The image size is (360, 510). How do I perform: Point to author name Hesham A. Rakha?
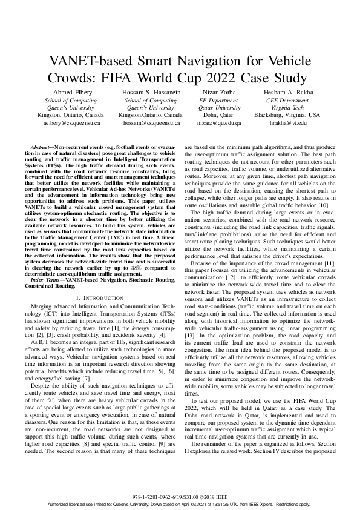[x=287, y=92]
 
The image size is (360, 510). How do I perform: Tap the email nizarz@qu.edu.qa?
[x=219, y=122]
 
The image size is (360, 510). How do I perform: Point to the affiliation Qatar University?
[x=219, y=107]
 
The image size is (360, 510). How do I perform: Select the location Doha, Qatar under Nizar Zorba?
[x=219, y=114]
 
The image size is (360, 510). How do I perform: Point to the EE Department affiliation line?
[x=219, y=100]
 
